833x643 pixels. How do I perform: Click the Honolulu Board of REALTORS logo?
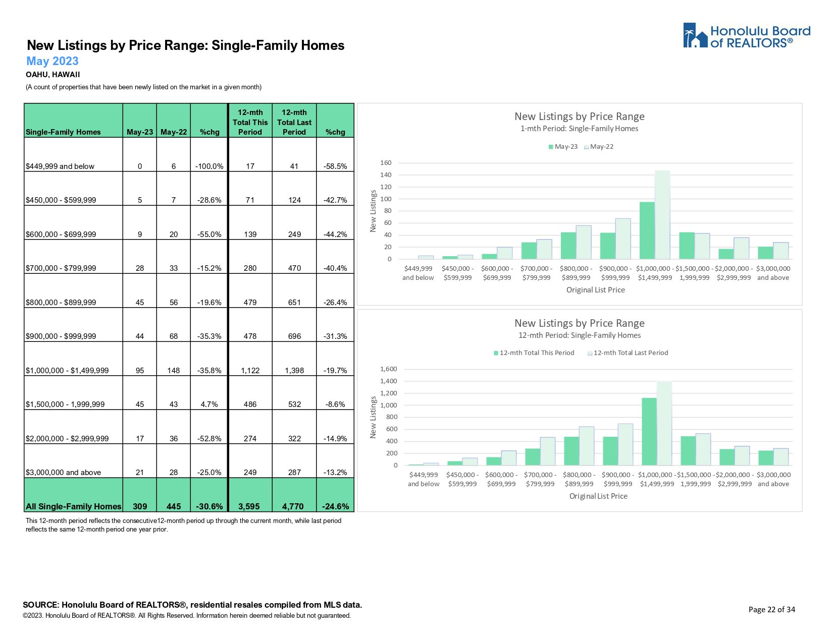[x=746, y=36]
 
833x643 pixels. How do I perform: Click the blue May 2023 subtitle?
[x=53, y=61]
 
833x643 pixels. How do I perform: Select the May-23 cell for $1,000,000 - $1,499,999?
[x=140, y=370]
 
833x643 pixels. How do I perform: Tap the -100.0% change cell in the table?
[x=210, y=166]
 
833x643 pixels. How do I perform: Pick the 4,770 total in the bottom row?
[x=294, y=506]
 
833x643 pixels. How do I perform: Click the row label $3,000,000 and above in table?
[x=63, y=473]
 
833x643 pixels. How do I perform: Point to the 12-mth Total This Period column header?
[x=250, y=122]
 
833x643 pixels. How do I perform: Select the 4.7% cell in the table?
[x=210, y=404]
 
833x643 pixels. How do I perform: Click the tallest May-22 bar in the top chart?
[x=662, y=214]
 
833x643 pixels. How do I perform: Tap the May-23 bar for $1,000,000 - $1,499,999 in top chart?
[x=647, y=230]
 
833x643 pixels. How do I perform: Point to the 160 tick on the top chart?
[x=386, y=163]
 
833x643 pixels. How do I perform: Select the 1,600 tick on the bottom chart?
[x=388, y=369]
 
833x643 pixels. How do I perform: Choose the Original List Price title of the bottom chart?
[x=598, y=496]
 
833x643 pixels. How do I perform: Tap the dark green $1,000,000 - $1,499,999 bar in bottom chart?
[x=649, y=431]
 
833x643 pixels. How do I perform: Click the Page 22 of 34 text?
[x=771, y=609]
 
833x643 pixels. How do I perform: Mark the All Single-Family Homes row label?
[x=73, y=506]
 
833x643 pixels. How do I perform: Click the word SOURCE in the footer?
[x=41, y=605]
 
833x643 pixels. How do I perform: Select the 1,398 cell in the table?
[x=294, y=370]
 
